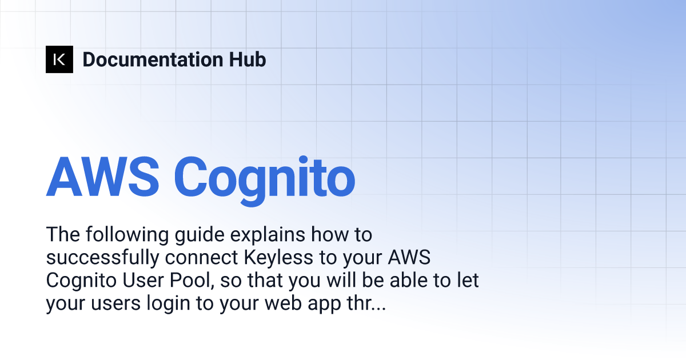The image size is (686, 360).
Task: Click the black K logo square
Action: point(59,59)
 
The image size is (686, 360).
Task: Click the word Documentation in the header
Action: point(153,59)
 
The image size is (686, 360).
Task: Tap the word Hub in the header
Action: point(248,59)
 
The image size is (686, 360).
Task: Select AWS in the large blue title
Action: point(102,177)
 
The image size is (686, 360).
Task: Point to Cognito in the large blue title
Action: point(265,181)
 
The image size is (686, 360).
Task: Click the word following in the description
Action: point(127,235)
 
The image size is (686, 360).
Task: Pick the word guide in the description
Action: point(200,235)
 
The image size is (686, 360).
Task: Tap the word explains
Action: point(268,235)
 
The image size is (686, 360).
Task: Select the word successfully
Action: point(102,258)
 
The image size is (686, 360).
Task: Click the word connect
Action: point(201,258)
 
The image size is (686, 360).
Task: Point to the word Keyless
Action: point(278,258)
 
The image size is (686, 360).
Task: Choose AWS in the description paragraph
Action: point(409,258)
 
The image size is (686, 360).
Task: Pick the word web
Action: point(284,303)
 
